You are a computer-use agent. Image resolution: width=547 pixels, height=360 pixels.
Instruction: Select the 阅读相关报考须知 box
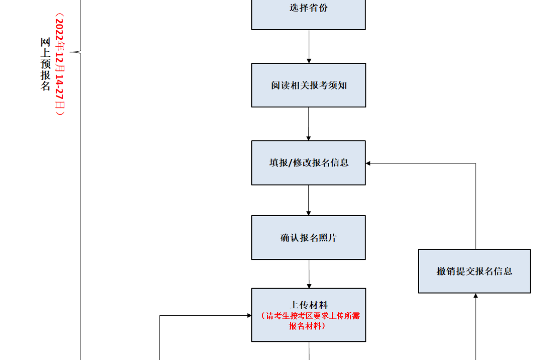pos(308,85)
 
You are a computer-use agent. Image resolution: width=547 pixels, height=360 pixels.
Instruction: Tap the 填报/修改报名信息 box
pos(308,163)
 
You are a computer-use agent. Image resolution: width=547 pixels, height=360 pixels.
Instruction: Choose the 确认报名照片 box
pos(308,238)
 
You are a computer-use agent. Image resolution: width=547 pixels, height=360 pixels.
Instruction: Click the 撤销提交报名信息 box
pos(474,271)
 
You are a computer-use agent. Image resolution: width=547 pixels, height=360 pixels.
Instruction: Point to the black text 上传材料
pos(308,305)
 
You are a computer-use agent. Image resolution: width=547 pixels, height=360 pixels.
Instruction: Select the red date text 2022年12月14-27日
pos(59,65)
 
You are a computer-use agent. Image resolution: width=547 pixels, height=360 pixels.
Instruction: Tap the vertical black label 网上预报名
pos(45,65)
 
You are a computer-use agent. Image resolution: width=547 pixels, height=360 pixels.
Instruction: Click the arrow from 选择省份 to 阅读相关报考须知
pos(309,46)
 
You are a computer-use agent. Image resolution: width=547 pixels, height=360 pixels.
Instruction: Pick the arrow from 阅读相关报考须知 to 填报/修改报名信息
pos(309,124)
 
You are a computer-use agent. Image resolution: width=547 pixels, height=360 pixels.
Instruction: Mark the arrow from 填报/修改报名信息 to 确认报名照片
pos(309,200)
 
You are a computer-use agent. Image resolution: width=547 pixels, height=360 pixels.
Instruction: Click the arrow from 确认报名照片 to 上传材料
pos(309,274)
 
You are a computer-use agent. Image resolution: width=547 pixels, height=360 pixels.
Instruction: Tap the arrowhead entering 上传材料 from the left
pos(248,316)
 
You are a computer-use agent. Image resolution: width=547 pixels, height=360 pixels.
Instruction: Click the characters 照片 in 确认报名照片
pos(327,238)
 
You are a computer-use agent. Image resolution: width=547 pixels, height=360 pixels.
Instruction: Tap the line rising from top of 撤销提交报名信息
pos(475,208)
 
